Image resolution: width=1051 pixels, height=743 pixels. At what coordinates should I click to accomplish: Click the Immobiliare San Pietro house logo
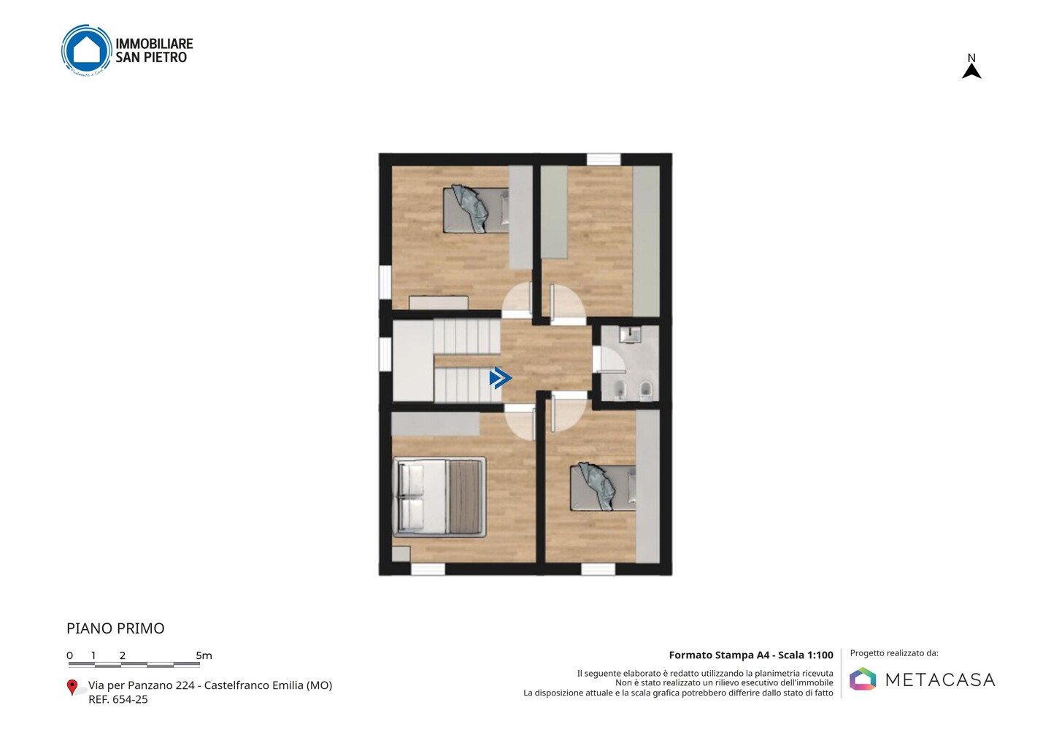[87, 50]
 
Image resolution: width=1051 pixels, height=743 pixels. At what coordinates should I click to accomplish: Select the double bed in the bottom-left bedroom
[439, 497]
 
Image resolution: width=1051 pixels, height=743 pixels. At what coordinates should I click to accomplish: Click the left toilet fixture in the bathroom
[620, 389]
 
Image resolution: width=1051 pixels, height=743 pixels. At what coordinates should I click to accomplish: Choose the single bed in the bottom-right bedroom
[603, 488]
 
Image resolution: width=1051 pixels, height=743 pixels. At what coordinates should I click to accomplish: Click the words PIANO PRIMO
[115, 628]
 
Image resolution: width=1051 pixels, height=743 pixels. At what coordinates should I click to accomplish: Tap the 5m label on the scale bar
[204, 655]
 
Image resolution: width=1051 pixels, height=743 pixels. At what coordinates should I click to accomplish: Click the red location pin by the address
[72, 688]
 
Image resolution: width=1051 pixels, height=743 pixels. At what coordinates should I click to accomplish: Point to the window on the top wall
[604, 159]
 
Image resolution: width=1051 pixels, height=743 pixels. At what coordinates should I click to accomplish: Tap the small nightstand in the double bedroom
[401, 554]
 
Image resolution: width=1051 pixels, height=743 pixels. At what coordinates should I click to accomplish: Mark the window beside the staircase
[385, 354]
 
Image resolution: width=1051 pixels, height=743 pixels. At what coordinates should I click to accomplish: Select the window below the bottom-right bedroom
[598, 569]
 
